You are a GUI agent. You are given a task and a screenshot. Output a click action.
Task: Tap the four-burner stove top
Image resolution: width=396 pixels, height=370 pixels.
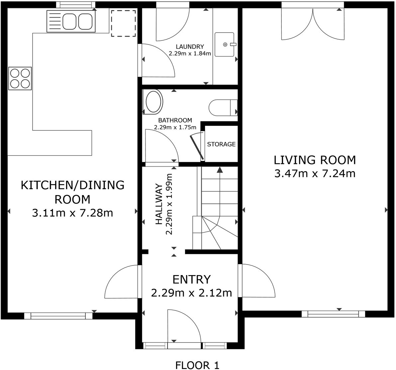tap(20, 78)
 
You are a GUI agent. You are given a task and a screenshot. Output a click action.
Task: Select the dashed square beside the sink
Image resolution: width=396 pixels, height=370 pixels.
tap(123, 23)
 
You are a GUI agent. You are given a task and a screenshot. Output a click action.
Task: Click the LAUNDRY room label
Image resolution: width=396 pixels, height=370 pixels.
tap(190, 47)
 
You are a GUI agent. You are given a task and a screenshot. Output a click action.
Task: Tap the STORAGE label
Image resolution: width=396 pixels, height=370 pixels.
tap(221, 144)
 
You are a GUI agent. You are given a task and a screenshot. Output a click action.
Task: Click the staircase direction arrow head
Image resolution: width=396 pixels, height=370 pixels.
tap(220, 170)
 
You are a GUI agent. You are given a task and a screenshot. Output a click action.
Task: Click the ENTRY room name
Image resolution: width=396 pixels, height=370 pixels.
tap(191, 280)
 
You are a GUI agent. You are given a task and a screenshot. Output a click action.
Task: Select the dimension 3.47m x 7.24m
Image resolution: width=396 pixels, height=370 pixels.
tap(315, 174)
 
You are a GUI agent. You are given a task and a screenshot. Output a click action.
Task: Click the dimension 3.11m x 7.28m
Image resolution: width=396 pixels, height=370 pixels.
tap(72, 213)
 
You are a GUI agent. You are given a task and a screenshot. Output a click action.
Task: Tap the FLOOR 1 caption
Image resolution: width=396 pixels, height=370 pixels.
tap(197, 365)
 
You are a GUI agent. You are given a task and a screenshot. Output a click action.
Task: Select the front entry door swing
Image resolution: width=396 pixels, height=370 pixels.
tap(183, 327)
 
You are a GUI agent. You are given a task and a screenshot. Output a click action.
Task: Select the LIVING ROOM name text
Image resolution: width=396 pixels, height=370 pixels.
tap(315, 160)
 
